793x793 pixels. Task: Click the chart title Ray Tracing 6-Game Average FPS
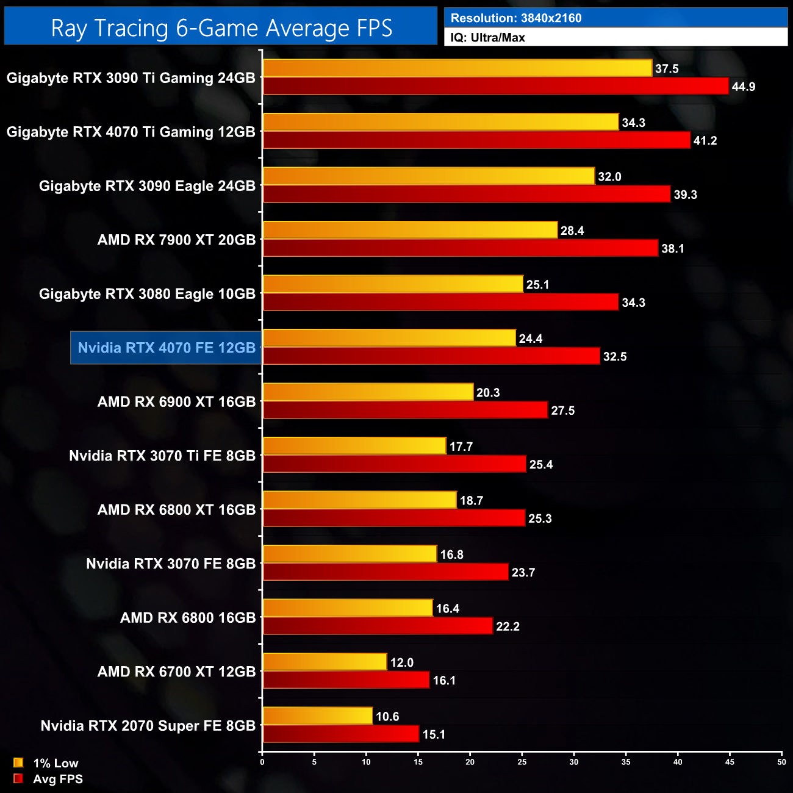pyautogui.click(x=221, y=28)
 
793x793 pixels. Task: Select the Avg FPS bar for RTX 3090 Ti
pyautogui.click(x=495, y=86)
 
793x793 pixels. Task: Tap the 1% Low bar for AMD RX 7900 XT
pyautogui.click(x=410, y=230)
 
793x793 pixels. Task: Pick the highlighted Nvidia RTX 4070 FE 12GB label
pyautogui.click(x=167, y=348)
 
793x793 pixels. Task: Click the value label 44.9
pyautogui.click(x=744, y=87)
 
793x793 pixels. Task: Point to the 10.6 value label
pyautogui.click(x=387, y=716)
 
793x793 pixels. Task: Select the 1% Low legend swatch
pyautogui.click(x=18, y=762)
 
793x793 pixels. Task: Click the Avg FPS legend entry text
pyautogui.click(x=58, y=779)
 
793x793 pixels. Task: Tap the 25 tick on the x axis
pyautogui.click(x=522, y=762)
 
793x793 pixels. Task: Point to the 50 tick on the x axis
pyautogui.click(x=781, y=762)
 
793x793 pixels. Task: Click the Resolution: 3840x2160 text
pyautogui.click(x=516, y=18)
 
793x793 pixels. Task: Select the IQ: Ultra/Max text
pyautogui.click(x=488, y=37)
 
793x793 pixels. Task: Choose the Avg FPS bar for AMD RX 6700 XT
pyautogui.click(x=346, y=680)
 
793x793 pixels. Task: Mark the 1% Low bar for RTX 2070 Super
pyautogui.click(x=317, y=716)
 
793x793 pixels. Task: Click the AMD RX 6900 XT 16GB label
pyautogui.click(x=176, y=402)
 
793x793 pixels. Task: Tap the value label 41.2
pyautogui.click(x=705, y=141)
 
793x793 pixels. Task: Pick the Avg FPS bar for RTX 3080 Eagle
pyautogui.click(x=440, y=302)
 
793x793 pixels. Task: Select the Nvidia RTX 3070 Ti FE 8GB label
pyautogui.click(x=162, y=456)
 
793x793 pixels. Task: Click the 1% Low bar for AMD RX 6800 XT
pyautogui.click(x=359, y=500)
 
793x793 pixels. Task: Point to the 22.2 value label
pyautogui.click(x=508, y=626)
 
